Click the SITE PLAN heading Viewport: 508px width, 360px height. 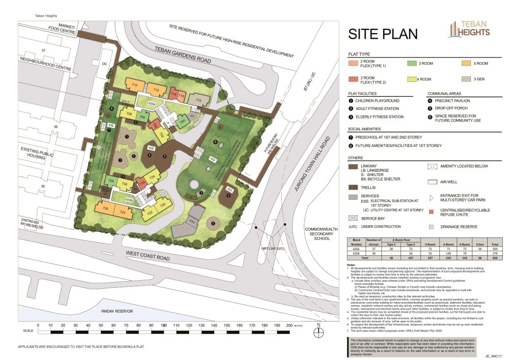[383, 34]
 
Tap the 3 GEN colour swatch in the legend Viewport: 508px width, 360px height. [465, 79]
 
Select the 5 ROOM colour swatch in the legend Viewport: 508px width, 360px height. [465, 64]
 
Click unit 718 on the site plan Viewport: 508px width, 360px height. [199, 101]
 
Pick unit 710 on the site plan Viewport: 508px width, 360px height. [135, 84]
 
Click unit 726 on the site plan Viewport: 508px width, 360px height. [106, 209]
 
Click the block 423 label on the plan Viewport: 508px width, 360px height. [229, 190]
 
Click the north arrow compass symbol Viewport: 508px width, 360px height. [319, 332]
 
